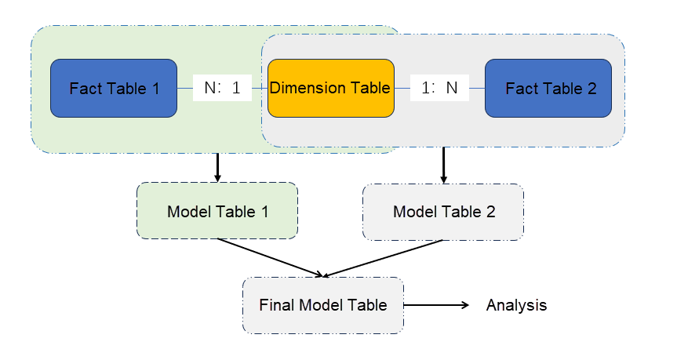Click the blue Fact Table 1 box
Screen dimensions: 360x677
pyautogui.click(x=114, y=88)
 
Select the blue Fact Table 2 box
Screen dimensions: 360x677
pyautogui.click(x=548, y=88)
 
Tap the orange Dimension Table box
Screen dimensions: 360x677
pyautogui.click(x=330, y=88)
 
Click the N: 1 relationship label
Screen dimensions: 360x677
pyautogui.click(x=222, y=88)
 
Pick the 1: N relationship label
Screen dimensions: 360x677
pyautogui.click(x=439, y=88)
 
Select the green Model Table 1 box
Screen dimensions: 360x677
pyautogui.click(x=217, y=212)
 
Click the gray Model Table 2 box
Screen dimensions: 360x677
pyautogui.click(x=443, y=212)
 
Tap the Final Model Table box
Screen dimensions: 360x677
pyautogui.click(x=323, y=305)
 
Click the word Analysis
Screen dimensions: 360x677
pyautogui.click(x=516, y=305)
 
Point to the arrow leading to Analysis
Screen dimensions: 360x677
pyautogui.click(x=437, y=305)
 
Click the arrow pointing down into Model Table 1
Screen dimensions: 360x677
pyautogui.click(x=217, y=167)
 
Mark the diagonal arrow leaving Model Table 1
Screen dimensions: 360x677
pyautogui.click(x=271, y=258)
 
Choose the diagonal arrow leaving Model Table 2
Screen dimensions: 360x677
pyautogui.click(x=384, y=258)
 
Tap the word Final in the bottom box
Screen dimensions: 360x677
pyautogui.click(x=274, y=305)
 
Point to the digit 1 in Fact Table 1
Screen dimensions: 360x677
pyautogui.click(x=155, y=89)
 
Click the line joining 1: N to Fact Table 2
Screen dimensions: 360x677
pyautogui.click(x=477, y=89)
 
